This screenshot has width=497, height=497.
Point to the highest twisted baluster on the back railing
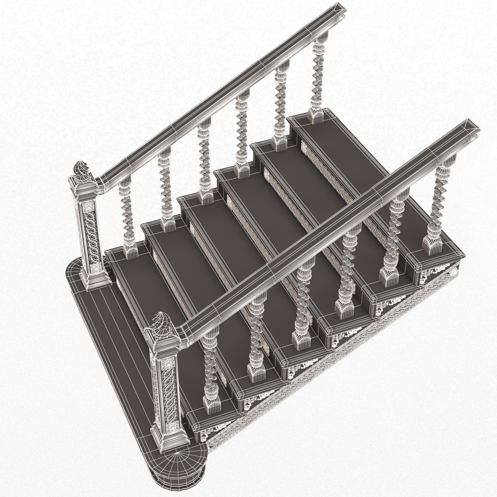(x=319, y=77)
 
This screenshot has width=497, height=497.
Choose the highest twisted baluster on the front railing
(x=439, y=203)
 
